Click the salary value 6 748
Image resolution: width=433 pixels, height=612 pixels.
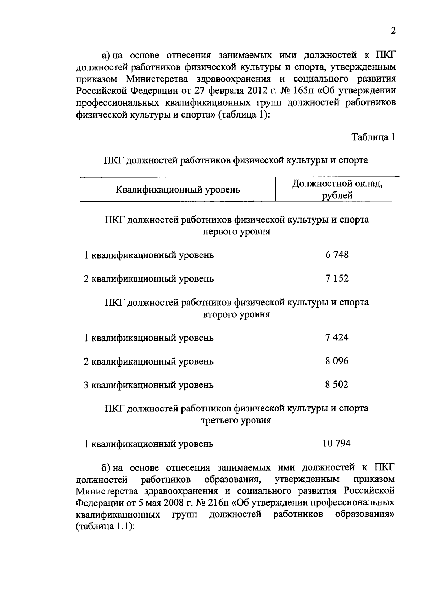coord(337,255)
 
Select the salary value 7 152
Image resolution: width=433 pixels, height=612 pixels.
coord(337,278)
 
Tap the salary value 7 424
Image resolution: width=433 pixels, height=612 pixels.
coord(337,338)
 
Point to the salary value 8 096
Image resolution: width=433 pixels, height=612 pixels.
coord(337,361)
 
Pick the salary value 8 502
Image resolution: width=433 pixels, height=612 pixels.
coord(337,384)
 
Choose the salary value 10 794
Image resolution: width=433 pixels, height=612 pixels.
coord(336,443)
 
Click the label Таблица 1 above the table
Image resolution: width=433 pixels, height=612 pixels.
coord(373,137)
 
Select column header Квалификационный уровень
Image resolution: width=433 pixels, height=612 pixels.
coord(178,189)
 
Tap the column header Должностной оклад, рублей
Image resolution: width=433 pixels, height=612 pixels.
coord(337,190)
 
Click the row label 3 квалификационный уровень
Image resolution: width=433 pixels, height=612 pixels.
coord(149,385)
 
